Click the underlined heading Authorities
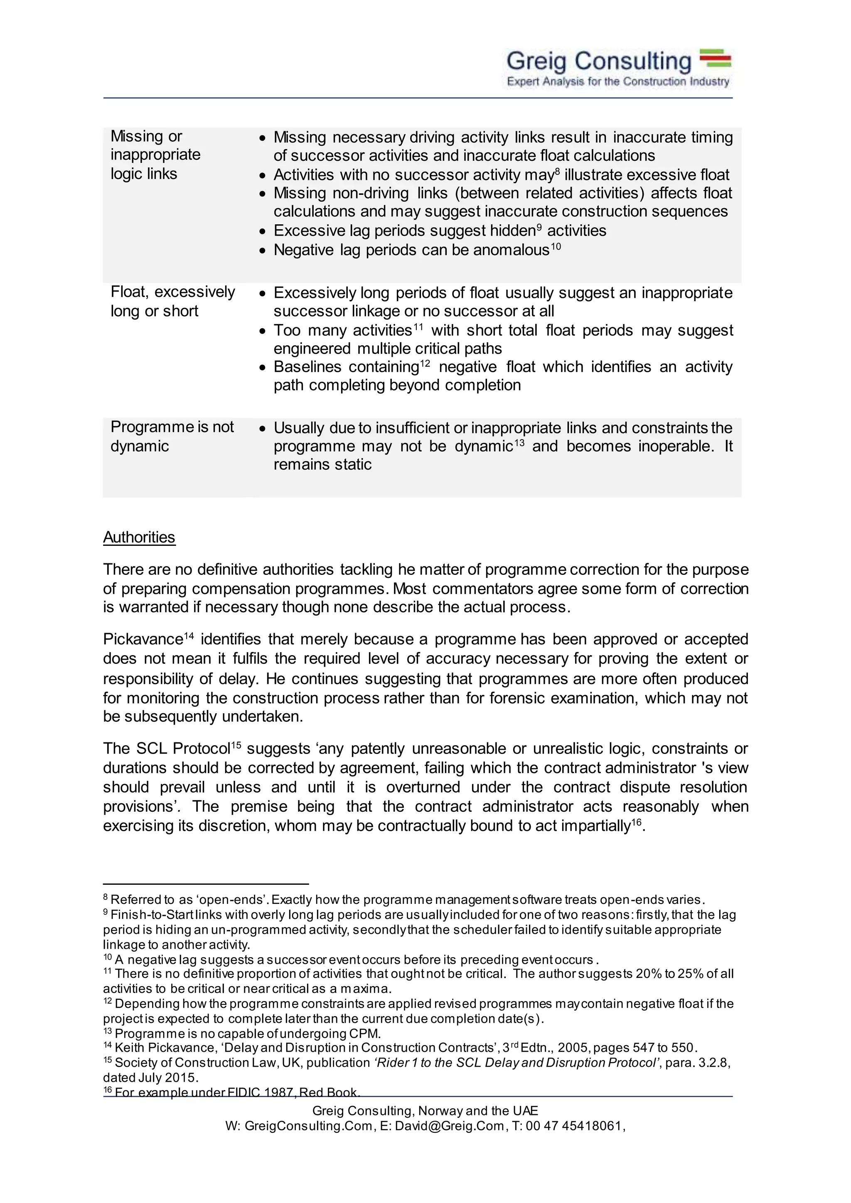[x=139, y=538]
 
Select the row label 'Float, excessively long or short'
[x=172, y=301]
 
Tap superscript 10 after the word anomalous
[x=556, y=246]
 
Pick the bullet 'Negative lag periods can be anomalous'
[x=411, y=250]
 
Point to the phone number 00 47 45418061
[x=573, y=1126]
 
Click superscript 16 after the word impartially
[x=636, y=822]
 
